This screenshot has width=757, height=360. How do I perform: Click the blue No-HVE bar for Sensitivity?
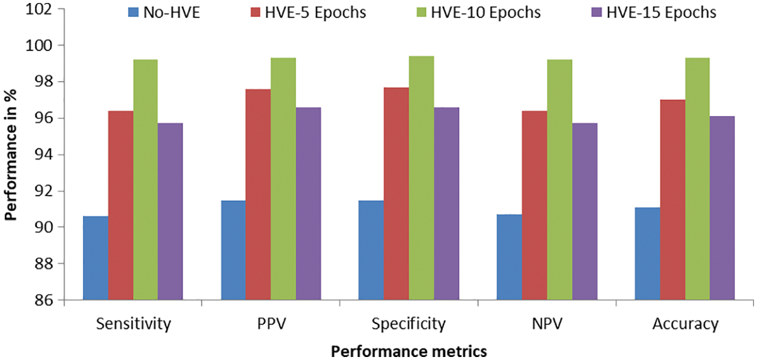click(96, 258)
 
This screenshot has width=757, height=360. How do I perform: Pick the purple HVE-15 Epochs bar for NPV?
click(585, 211)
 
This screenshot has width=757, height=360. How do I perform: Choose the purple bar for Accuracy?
click(722, 207)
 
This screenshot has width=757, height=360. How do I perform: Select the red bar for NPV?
click(534, 205)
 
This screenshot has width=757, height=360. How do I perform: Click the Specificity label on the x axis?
click(409, 325)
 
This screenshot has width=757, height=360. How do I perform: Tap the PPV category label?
click(271, 325)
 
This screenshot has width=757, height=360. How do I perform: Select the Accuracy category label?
click(685, 325)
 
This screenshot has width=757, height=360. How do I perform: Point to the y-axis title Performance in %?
click(11, 154)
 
